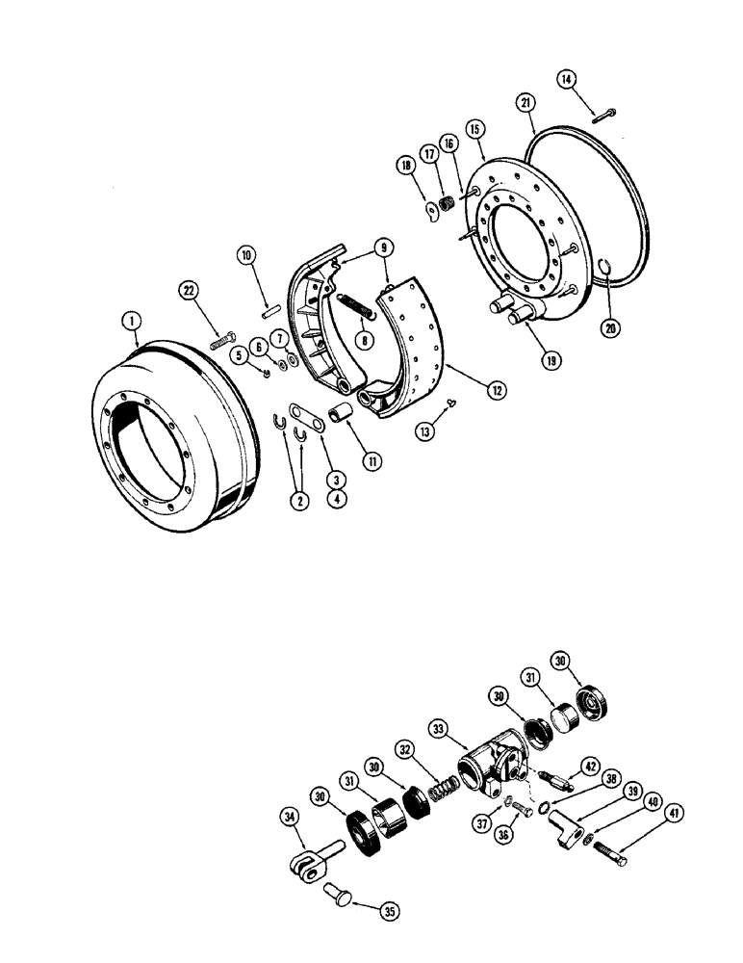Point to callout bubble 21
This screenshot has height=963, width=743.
525,101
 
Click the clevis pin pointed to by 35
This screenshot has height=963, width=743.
336,881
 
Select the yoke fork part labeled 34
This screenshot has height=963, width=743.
310,853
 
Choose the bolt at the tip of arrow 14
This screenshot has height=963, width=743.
605,117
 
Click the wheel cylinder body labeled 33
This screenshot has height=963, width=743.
491,768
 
